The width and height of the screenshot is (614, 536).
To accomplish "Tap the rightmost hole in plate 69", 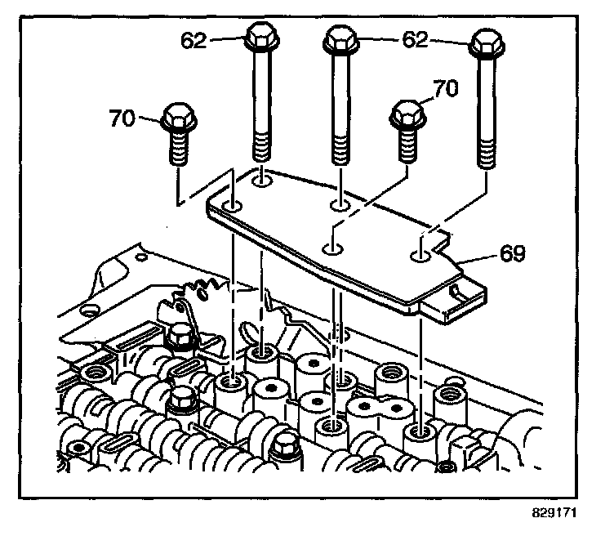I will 420,257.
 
